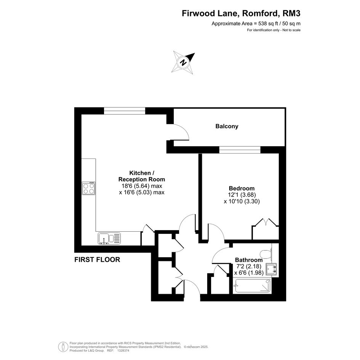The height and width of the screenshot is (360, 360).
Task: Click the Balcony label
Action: coord(227,126)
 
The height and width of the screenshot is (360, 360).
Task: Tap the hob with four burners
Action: coord(89,188)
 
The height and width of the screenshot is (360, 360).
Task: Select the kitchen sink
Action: coord(109,238)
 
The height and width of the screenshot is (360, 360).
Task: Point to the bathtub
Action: coord(252,286)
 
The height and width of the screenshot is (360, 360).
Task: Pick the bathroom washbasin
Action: coord(271,269)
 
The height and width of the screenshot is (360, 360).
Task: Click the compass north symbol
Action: coord(184,62)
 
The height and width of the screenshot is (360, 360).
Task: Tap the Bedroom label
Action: coord(242,188)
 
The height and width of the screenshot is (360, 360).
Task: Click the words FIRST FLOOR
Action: coord(97,260)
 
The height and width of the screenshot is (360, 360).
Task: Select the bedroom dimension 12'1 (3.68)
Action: coord(242,195)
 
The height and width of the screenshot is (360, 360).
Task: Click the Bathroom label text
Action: coord(249,260)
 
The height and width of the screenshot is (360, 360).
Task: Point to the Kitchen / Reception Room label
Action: coord(142,176)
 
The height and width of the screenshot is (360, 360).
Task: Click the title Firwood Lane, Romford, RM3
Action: coord(241,13)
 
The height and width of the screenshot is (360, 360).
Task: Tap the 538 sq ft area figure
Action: coord(267,23)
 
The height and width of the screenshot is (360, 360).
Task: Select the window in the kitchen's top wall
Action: coord(125,111)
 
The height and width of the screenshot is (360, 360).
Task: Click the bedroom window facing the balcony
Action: coord(240,150)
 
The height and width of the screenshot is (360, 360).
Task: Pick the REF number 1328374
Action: coord(123,350)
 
